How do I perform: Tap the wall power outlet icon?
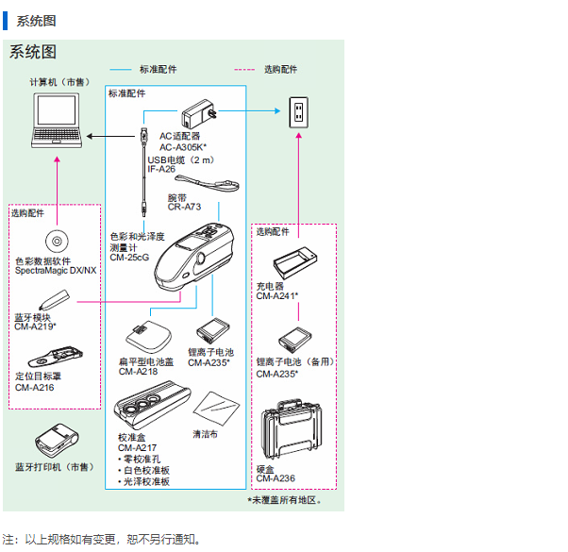(298, 114)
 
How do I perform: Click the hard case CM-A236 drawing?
(293, 437)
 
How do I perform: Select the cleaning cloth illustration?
(214, 409)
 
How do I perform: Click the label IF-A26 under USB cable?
(161, 169)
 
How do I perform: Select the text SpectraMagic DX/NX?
(56, 271)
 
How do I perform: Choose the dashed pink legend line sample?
(244, 70)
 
